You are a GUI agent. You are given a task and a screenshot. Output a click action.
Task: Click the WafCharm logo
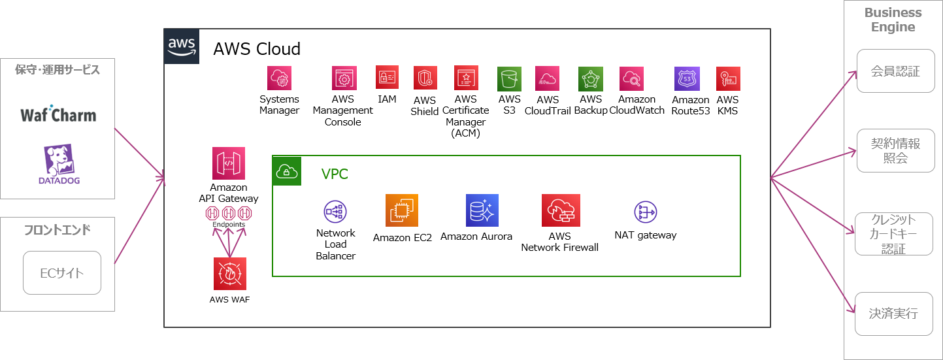pos(58,114)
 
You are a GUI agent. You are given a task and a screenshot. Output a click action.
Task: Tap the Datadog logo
pos(58,164)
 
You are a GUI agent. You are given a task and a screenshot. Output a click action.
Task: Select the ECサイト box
pos(62,273)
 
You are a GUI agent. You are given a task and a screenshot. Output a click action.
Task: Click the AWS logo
pos(182,46)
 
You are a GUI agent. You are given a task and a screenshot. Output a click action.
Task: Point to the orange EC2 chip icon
pos(402,210)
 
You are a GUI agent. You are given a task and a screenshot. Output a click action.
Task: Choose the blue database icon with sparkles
pos(482,210)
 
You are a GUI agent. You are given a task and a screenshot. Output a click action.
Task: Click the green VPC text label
pos(335,174)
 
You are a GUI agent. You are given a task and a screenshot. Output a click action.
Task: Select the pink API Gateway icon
pos(229,163)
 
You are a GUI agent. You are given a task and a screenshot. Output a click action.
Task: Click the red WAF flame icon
pos(230,274)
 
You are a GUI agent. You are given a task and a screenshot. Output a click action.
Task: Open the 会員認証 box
pos(895,71)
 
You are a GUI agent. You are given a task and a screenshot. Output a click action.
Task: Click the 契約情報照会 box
pos(895,151)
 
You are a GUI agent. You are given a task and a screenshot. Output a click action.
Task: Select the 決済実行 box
pos(893,314)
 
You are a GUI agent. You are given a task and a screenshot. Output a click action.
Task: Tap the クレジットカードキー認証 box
pos(893,234)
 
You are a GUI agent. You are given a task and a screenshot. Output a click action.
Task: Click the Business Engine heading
pos(893,20)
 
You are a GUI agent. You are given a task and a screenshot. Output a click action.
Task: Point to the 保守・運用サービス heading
pos(58,70)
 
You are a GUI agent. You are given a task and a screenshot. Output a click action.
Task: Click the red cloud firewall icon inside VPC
pos(561,210)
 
